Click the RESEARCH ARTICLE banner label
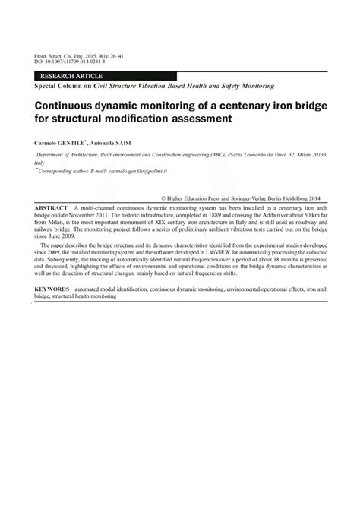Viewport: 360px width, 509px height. [x=68, y=77]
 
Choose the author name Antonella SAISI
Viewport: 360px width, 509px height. [x=112, y=142]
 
